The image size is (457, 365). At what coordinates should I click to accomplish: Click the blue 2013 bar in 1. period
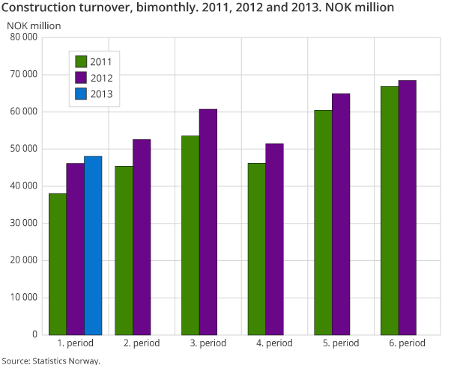point(93,245)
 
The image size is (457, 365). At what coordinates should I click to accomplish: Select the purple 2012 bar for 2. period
point(142,236)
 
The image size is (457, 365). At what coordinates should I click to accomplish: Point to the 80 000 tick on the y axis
point(24,37)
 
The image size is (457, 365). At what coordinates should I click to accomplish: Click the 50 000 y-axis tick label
point(24,149)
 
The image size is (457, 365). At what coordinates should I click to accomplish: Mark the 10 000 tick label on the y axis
point(24,298)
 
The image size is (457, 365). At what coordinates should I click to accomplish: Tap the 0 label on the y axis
point(36,334)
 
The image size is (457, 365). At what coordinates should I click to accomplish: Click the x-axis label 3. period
point(208,343)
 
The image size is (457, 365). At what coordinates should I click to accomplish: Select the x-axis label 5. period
point(340,343)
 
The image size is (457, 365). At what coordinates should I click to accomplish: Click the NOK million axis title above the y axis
point(34,25)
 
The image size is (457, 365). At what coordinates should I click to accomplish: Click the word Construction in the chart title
point(38,7)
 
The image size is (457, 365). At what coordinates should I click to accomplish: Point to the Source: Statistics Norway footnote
point(50,360)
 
